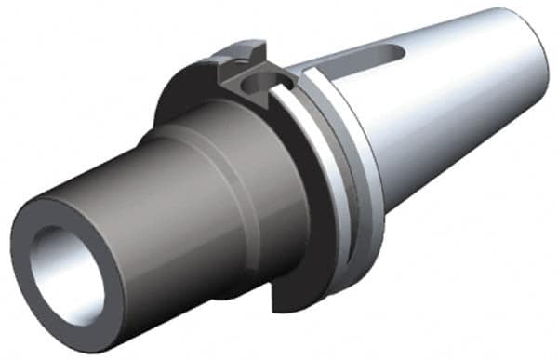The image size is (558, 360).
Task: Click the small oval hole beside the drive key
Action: point(253,87)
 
